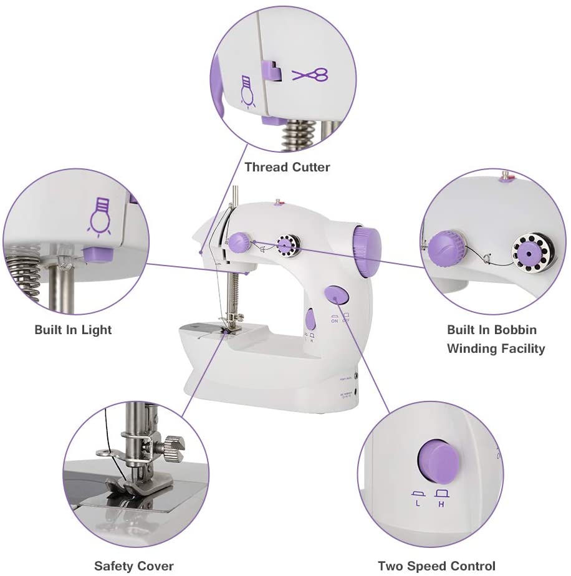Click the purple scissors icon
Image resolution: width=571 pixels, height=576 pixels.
(x=310, y=75)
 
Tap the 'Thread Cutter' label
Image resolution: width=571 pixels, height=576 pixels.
(x=287, y=167)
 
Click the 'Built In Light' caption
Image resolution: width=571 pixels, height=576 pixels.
(x=73, y=330)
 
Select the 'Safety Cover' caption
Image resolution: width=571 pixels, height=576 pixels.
(x=133, y=566)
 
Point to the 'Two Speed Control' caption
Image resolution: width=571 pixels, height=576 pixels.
(x=436, y=566)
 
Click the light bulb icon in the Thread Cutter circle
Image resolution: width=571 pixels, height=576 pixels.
(x=247, y=90)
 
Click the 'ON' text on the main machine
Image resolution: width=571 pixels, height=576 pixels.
(x=333, y=321)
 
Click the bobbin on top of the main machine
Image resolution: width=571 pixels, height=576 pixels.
(x=285, y=246)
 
